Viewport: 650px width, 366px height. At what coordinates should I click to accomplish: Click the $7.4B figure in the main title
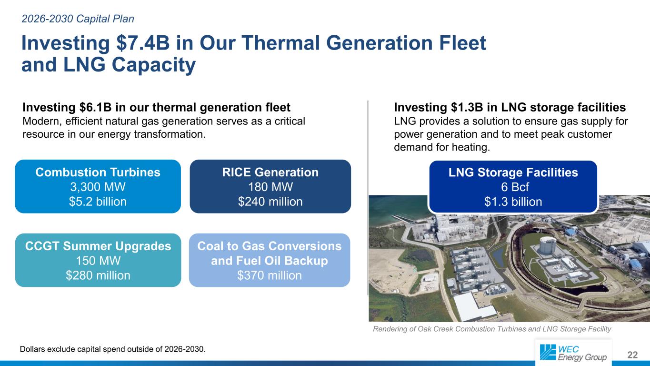[x=143, y=43]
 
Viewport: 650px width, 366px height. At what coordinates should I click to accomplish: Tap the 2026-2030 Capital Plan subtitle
[x=78, y=19]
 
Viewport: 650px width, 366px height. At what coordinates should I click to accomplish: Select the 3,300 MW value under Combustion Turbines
[x=98, y=187]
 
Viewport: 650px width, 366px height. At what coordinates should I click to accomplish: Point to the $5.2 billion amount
[x=98, y=202]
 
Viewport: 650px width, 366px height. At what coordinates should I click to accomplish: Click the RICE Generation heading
[x=270, y=172]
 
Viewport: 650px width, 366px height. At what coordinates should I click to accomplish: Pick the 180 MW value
[x=270, y=187]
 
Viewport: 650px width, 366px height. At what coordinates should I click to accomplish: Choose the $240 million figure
[x=270, y=202]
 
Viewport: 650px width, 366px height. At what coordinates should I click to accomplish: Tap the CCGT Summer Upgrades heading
[x=98, y=246]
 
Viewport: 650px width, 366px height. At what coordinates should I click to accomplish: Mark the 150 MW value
[x=98, y=261]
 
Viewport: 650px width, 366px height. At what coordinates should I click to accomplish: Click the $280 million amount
[x=98, y=275]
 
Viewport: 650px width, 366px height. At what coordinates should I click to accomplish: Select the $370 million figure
[x=270, y=275]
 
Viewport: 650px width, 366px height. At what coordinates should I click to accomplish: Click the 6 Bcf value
[x=515, y=187]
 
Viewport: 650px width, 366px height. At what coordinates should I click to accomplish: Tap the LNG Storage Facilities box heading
[x=513, y=173]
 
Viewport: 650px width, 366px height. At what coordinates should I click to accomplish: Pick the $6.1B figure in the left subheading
[x=95, y=107]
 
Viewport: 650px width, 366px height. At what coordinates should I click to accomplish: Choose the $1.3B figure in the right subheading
[x=467, y=107]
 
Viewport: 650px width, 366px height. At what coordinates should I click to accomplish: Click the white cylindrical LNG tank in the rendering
[x=547, y=244]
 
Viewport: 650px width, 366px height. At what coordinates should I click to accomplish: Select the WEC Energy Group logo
[x=573, y=353]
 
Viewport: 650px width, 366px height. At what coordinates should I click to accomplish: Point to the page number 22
[x=632, y=355]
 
